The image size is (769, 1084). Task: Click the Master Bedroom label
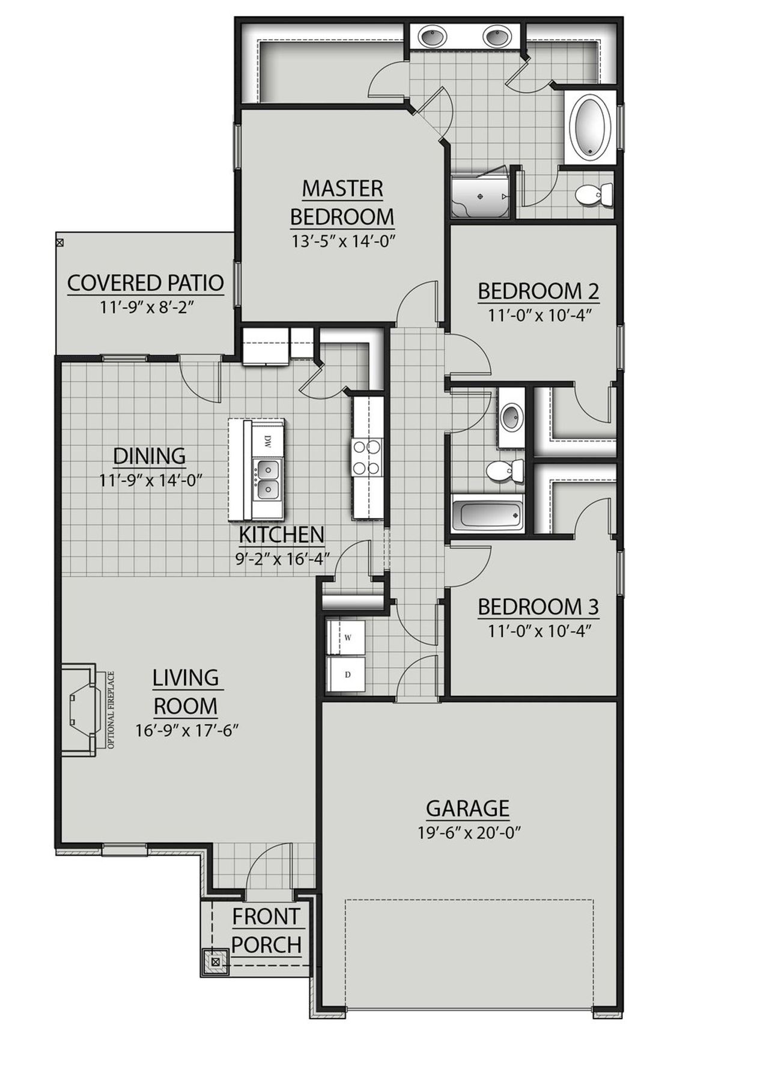point(342,202)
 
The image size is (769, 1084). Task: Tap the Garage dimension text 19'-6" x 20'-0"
point(468,833)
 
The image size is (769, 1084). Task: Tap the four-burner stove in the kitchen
point(366,457)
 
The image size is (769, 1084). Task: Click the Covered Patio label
point(145,282)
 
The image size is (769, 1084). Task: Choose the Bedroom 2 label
point(538,291)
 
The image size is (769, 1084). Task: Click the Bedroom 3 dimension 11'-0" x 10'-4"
point(538,631)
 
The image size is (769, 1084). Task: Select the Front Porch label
point(266,931)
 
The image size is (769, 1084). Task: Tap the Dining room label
point(150,456)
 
